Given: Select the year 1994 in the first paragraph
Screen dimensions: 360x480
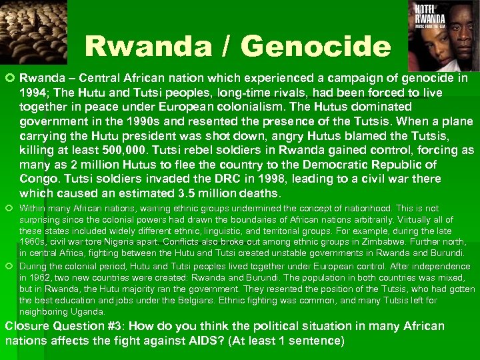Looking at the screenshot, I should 34,92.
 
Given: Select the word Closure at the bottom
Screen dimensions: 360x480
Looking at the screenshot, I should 29,327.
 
